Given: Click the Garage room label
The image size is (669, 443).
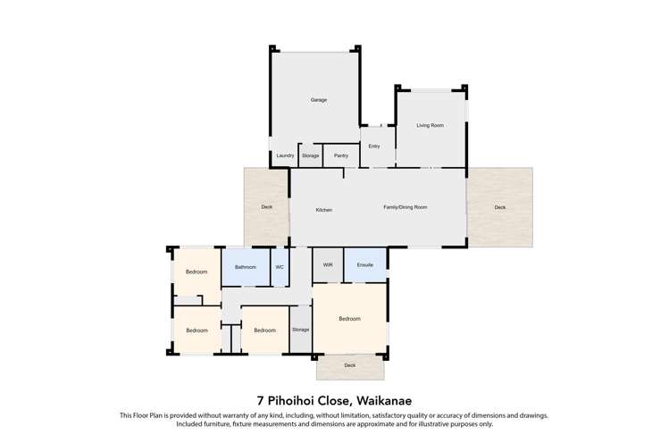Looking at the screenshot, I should click(x=318, y=100).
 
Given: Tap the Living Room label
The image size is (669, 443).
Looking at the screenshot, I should click(x=430, y=125).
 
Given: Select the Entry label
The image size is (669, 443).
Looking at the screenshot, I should click(x=374, y=146).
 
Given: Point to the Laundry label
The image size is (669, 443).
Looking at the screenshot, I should click(x=285, y=155).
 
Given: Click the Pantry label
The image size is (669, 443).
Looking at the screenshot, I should click(x=340, y=155).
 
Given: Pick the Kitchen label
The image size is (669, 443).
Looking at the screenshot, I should click(x=324, y=210).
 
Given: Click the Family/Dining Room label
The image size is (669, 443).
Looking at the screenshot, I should click(x=406, y=207).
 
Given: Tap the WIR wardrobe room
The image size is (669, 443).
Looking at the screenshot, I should click(x=328, y=265).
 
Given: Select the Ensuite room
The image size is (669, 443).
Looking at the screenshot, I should click(x=364, y=265).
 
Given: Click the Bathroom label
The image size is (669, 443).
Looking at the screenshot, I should click(x=246, y=267).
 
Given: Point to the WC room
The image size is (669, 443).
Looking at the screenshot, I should click(x=280, y=267).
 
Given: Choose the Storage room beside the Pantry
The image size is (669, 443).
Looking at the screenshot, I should click(x=310, y=155).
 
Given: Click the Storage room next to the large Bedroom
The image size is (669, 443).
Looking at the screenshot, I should click(x=300, y=330).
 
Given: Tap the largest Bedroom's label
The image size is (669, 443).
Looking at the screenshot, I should click(x=349, y=319).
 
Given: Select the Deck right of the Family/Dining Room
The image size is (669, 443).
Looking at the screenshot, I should click(x=499, y=207).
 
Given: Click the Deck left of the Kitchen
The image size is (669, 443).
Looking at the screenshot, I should click(x=266, y=207).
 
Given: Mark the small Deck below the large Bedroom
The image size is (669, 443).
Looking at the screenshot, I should click(x=349, y=365).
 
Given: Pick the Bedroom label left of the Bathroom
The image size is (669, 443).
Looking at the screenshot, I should click(x=197, y=272).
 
